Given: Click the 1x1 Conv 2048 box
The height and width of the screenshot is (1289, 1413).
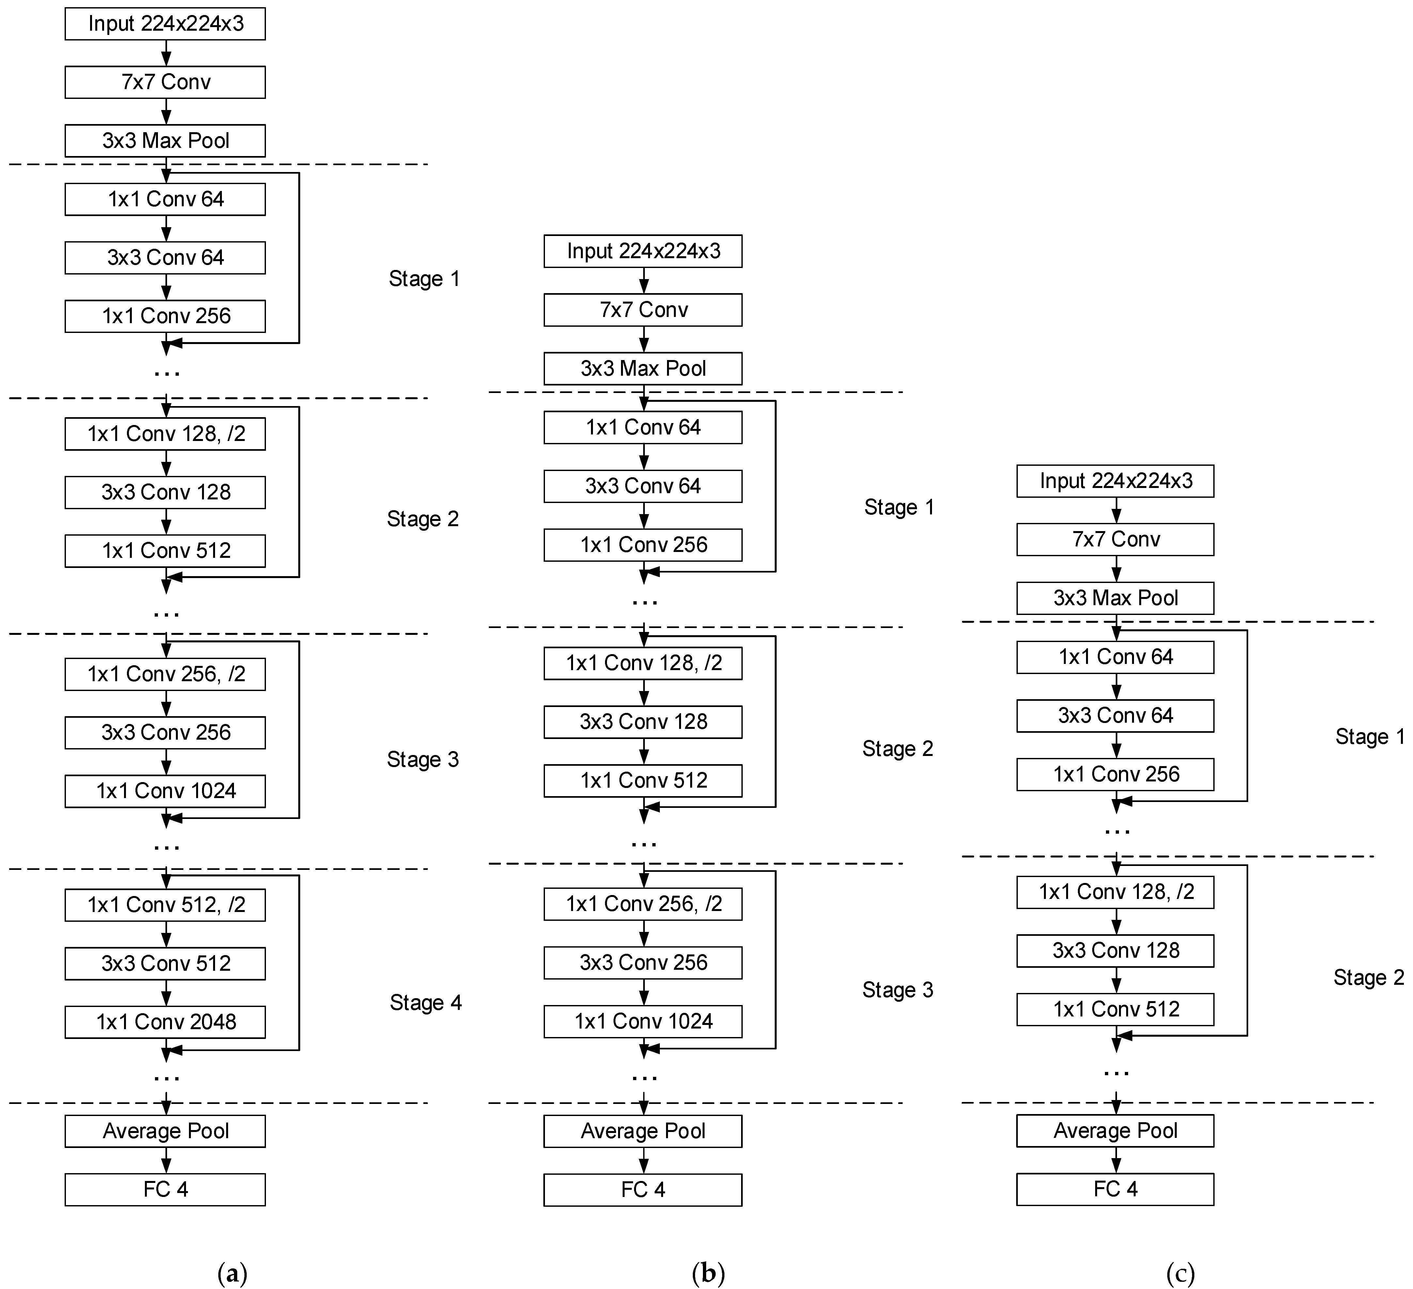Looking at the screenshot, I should tap(165, 1022).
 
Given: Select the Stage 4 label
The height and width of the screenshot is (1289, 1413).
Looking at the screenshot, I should tap(426, 1003).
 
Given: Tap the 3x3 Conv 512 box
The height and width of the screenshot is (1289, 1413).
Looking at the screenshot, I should tap(165, 964).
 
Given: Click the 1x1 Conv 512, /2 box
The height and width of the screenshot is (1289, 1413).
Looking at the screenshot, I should tap(165, 905).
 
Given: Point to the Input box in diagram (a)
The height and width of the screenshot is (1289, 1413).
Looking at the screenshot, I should tap(165, 24).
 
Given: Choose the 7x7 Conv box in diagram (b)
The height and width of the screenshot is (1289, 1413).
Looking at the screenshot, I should tap(643, 310).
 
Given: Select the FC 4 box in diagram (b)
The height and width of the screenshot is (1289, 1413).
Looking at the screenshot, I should tap(643, 1189).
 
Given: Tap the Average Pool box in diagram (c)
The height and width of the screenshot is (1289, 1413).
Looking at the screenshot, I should tap(1115, 1131).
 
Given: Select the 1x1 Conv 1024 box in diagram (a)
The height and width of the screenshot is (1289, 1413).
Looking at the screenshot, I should tap(165, 791).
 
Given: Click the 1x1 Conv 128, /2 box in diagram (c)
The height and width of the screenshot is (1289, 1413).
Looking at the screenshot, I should tap(1115, 892).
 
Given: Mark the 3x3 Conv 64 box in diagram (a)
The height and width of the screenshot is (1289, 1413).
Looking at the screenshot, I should tap(165, 258).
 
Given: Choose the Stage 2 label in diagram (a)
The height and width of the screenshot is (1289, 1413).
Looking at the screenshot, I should tap(423, 519).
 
